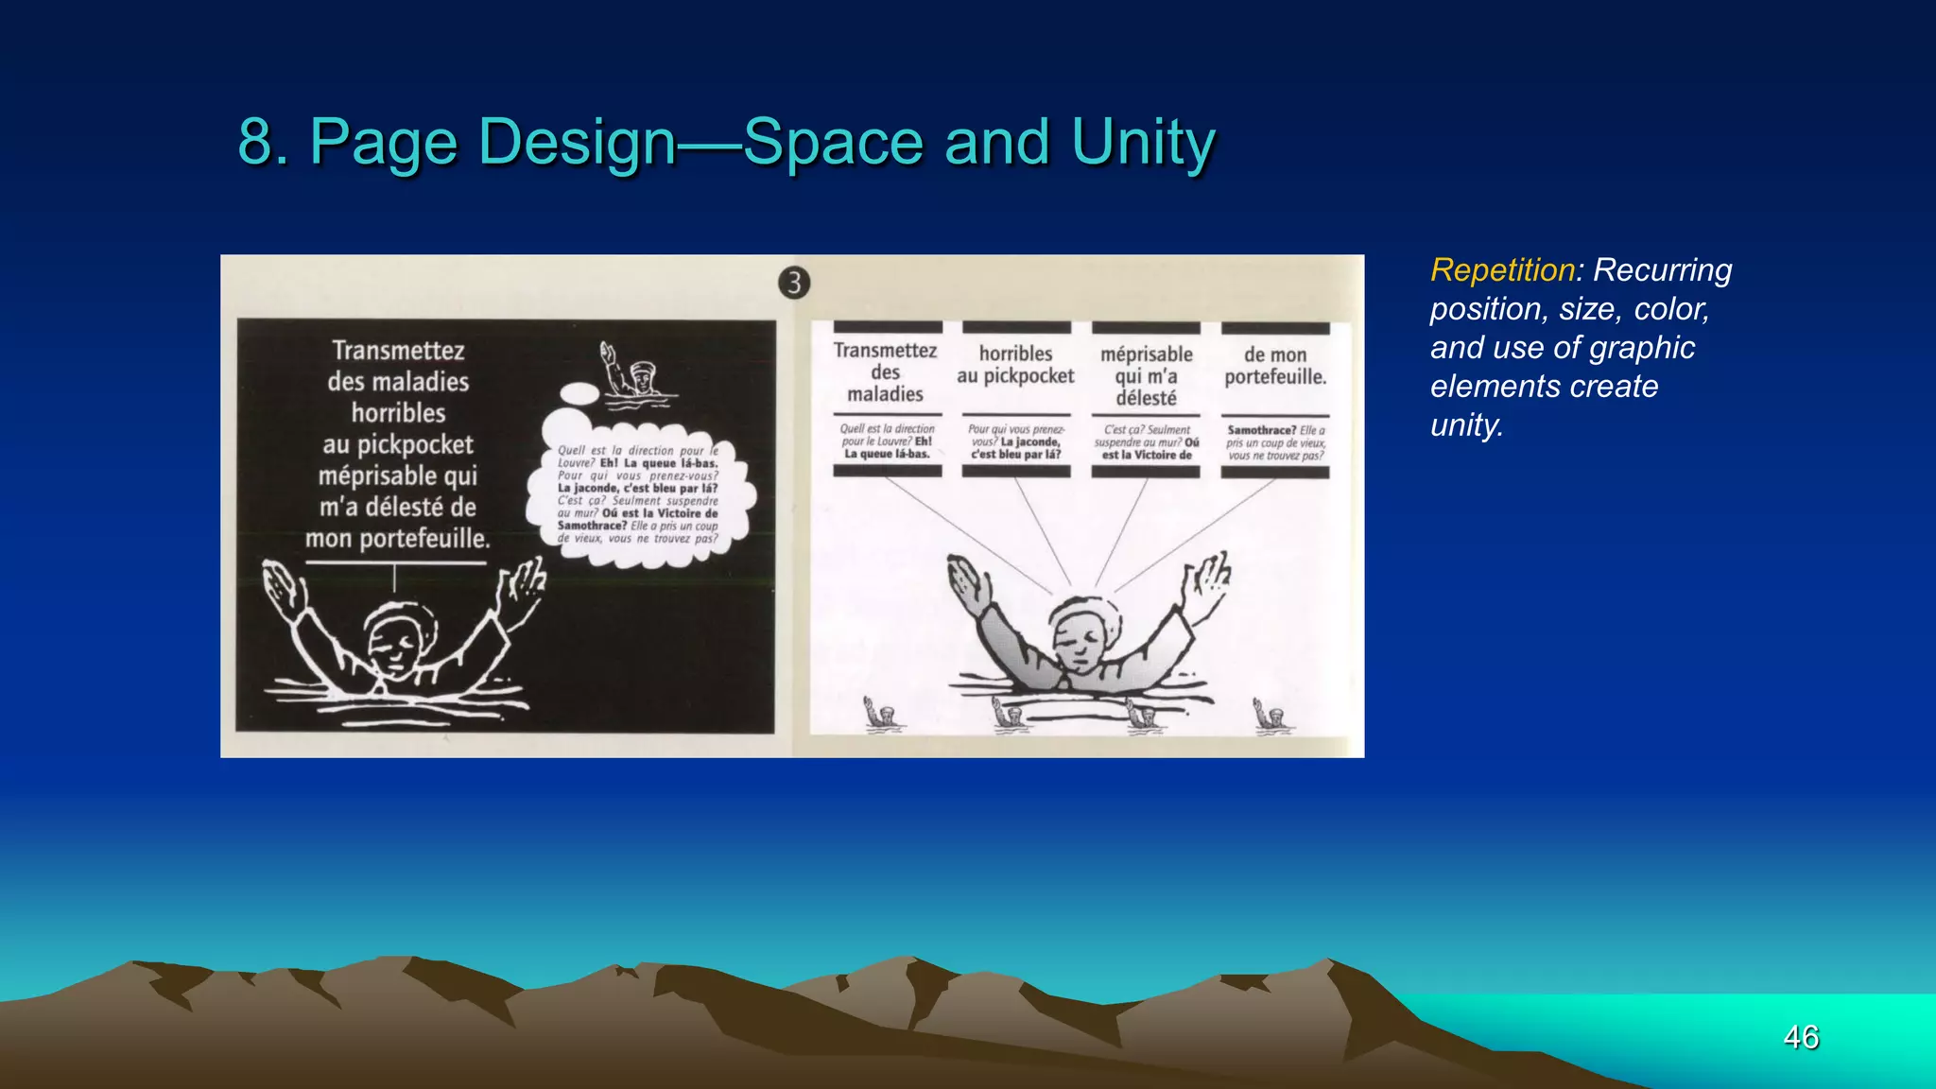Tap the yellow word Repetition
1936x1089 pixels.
pos(1502,270)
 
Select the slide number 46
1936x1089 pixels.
pos(1801,1037)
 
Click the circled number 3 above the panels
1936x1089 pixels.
pos(794,283)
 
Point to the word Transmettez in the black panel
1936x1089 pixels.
pos(398,351)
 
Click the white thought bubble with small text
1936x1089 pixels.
pos(639,492)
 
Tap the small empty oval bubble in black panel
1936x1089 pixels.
pos(579,393)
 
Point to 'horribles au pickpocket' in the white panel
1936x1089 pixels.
pos(1015,365)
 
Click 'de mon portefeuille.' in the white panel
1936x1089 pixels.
pos(1275,366)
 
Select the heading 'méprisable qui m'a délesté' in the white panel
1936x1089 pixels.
pos(1146,375)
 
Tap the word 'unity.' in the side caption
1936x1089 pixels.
pos(1466,425)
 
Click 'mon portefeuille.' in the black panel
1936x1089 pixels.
pos(398,539)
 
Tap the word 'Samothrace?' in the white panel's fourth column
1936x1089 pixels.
pos(1261,430)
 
